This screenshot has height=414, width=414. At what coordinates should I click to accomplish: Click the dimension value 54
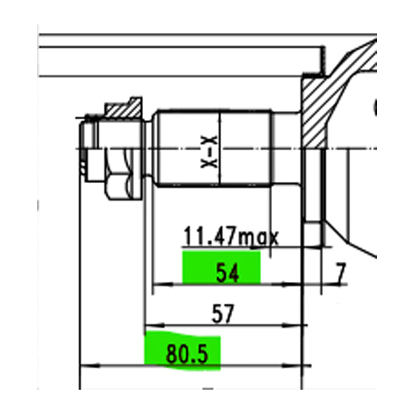tap(228, 273)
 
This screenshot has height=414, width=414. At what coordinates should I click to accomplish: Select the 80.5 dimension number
tap(187, 354)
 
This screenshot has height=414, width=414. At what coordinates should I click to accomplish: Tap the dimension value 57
tap(223, 314)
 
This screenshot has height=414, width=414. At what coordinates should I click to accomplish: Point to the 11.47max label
tap(231, 236)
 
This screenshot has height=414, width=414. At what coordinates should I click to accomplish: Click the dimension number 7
tap(340, 273)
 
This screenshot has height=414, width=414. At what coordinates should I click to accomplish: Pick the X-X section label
tap(209, 152)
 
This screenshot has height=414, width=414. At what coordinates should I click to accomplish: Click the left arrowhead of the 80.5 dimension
tap(89, 366)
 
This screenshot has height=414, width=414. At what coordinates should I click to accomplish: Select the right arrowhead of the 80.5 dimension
tap(292, 366)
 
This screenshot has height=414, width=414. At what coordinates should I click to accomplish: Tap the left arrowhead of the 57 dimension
tap(155, 325)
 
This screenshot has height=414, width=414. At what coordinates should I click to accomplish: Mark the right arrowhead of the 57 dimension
tap(292, 325)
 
